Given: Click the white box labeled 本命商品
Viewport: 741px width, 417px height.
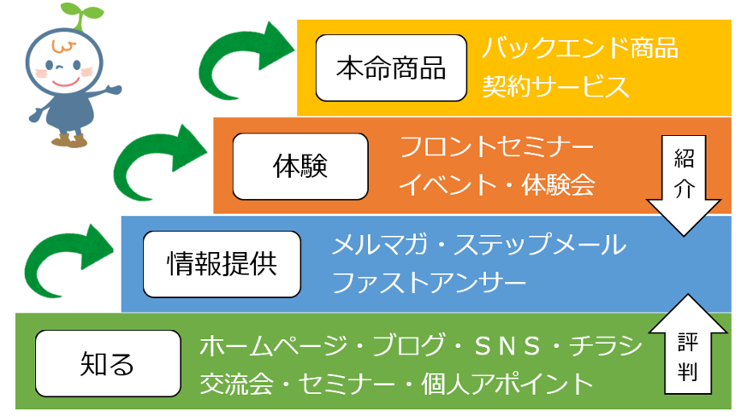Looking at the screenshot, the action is click(x=391, y=68).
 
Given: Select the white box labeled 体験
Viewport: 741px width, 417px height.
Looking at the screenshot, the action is click(x=300, y=167).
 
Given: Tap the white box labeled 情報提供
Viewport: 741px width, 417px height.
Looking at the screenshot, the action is click(x=222, y=264).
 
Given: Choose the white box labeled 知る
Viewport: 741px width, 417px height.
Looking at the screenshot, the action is click(x=108, y=363).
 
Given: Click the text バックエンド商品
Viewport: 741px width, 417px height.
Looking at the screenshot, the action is click(x=580, y=48).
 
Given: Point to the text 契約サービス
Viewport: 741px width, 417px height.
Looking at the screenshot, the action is click(x=555, y=87).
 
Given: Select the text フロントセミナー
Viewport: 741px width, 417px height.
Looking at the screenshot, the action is click(x=496, y=147).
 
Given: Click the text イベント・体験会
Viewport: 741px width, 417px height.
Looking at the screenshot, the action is click(x=496, y=185).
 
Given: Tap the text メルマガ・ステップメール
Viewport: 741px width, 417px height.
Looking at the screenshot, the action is click(x=478, y=244).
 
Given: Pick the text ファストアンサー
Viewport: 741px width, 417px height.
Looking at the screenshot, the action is click(x=429, y=283).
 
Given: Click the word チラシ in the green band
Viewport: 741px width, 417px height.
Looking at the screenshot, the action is click(x=607, y=346).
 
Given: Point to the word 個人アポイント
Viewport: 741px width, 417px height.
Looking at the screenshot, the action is click(x=507, y=384).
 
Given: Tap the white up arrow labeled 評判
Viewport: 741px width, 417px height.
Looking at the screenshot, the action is click(x=688, y=344).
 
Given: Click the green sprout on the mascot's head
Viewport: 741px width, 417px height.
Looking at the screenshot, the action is click(x=82, y=15).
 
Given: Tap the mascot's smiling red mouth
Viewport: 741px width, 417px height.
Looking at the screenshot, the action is click(x=66, y=83).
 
